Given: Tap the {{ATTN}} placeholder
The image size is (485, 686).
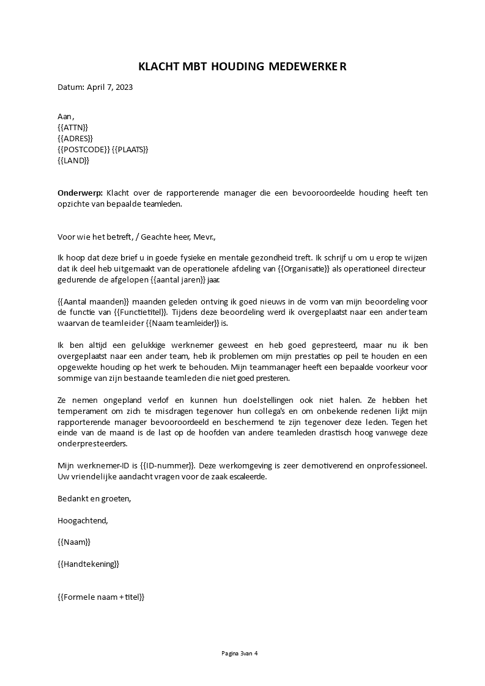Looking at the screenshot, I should (x=73, y=127).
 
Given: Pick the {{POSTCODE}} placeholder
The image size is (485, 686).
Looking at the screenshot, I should (x=83, y=149).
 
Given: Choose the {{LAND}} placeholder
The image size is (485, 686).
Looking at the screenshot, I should (x=73, y=160).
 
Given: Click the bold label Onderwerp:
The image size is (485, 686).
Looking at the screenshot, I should (x=80, y=193).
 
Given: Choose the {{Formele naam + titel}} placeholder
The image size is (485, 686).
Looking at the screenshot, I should (x=101, y=597).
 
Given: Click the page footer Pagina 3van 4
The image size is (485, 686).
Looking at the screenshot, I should (x=240, y=653).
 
